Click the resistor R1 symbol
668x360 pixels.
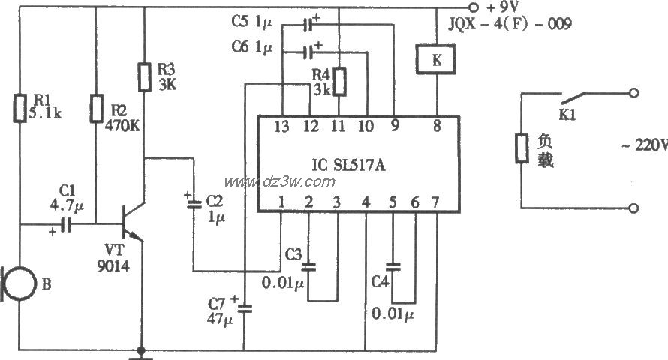(x=19, y=108)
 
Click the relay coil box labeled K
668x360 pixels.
(x=435, y=60)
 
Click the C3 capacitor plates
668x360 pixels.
(x=308, y=266)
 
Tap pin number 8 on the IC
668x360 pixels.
(x=436, y=127)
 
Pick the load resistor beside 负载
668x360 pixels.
(x=520, y=148)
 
